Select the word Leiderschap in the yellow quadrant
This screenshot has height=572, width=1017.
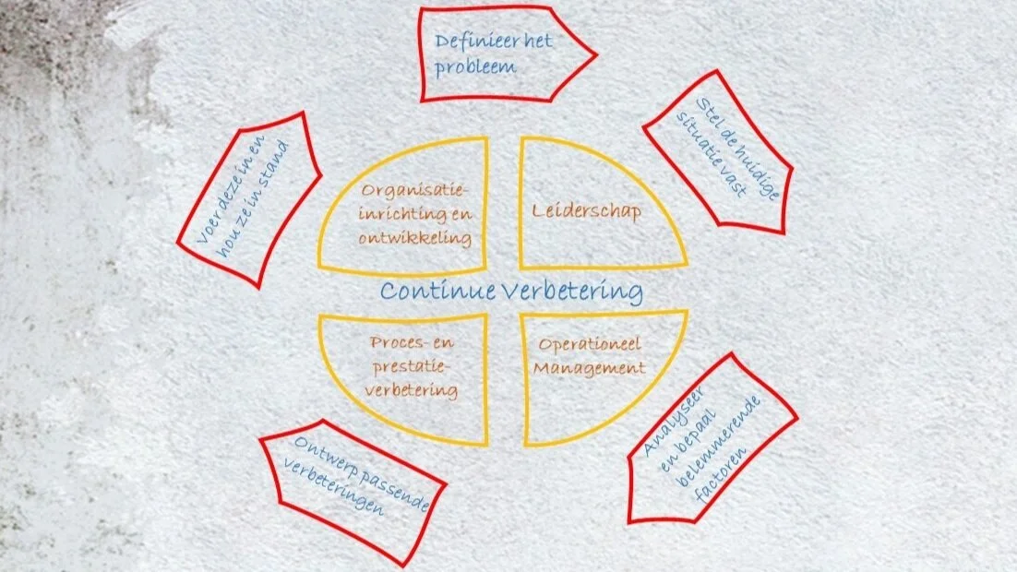(587, 211)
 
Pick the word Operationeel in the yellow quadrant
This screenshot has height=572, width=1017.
(589, 345)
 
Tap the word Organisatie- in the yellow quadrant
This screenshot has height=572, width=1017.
(415, 191)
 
